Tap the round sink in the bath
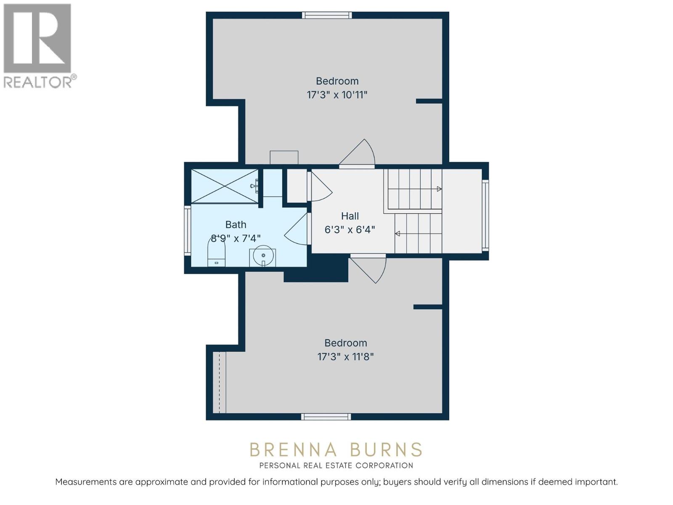pos(263,256)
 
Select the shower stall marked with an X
pos(225,186)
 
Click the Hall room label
pos(350,216)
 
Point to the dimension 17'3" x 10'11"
pos(337,95)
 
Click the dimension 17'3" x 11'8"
pos(345,357)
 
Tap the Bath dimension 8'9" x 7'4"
pos(236,238)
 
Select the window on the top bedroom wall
pos(327,15)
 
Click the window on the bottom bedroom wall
pos(326,417)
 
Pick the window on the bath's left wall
pos(188,231)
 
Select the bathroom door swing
pos(298,229)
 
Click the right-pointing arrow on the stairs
pos(439,189)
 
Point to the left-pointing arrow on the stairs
pos(397,234)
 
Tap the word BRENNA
pos(293,449)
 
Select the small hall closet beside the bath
pos(296,185)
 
